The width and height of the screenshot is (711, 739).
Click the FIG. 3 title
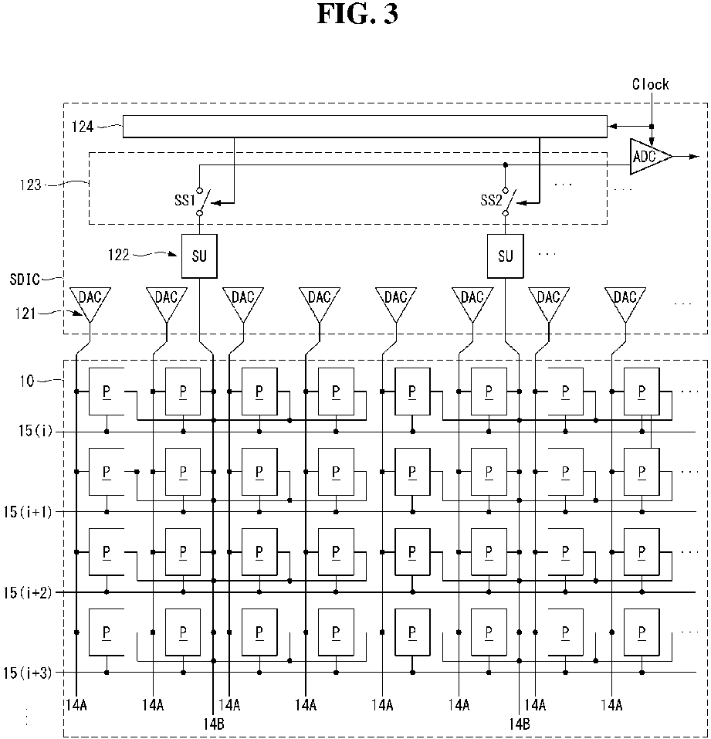click(x=357, y=14)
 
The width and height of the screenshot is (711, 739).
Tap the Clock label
click(x=650, y=84)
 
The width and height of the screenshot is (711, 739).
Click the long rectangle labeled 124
click(x=364, y=127)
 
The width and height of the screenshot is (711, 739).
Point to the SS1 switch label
click(x=185, y=200)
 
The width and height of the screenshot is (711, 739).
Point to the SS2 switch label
click(x=491, y=200)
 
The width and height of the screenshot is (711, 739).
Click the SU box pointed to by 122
click(x=199, y=256)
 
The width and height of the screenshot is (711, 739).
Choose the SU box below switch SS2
click(x=505, y=256)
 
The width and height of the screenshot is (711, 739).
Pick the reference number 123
click(x=31, y=185)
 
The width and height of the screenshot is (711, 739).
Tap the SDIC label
click(x=25, y=280)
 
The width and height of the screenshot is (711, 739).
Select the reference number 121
click(x=25, y=314)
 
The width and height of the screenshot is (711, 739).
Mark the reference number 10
click(x=27, y=381)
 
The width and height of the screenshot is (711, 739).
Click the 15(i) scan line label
click(x=36, y=431)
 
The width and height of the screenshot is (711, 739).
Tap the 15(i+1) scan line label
click(x=27, y=512)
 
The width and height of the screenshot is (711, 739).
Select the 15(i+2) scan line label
click(x=27, y=592)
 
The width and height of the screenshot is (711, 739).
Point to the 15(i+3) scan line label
click(x=27, y=673)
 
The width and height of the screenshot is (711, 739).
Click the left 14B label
click(x=214, y=724)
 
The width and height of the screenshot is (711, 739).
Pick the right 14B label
click(x=520, y=724)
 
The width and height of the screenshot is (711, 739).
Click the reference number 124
click(x=83, y=127)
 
